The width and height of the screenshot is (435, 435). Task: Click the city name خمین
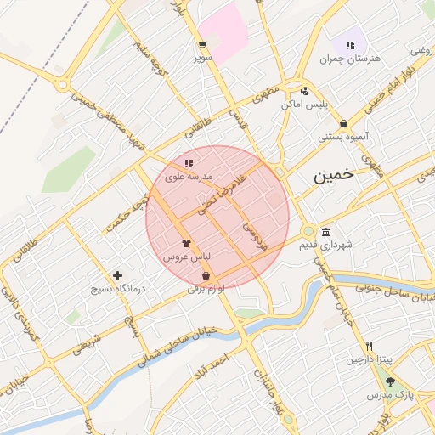pos(332,175)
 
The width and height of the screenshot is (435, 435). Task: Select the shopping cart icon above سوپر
pos(202,45)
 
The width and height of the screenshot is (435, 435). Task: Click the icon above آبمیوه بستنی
pos(342,124)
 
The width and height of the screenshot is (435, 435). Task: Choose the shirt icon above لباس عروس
pos(186,242)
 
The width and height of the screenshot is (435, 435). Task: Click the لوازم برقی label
pos(206,289)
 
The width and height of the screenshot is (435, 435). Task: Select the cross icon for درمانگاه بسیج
pos(117,275)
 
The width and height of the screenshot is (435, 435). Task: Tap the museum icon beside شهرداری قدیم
pos(326,233)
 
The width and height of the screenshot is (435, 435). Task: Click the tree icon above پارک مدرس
pos(390,382)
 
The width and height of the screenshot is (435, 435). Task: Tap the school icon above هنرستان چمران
pos(349,44)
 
